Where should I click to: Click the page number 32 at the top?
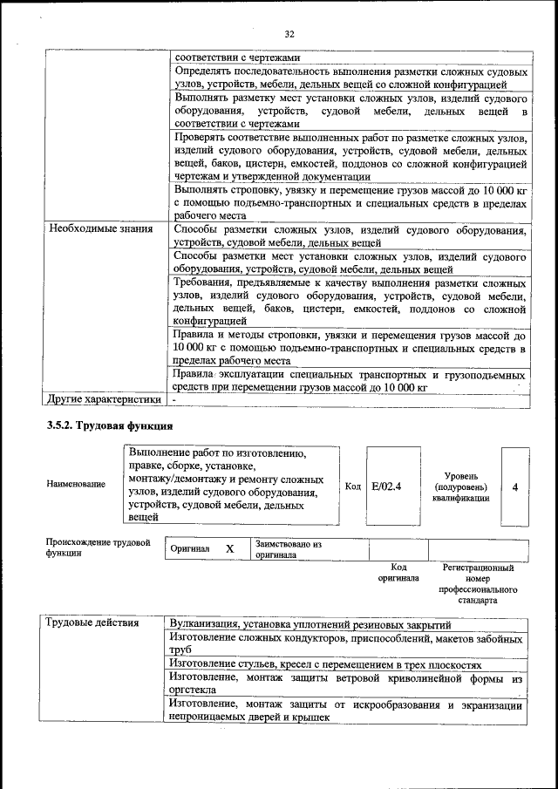coord(289,34)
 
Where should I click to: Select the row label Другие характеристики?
coord(105,400)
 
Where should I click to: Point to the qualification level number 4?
coord(514,486)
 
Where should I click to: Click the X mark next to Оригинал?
coord(230,549)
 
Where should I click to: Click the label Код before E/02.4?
coord(352,486)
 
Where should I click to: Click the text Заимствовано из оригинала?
coord(289,549)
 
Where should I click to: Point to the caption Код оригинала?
coord(398,573)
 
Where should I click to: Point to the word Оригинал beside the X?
coord(190,549)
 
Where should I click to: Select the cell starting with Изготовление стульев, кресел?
coord(325,663)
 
